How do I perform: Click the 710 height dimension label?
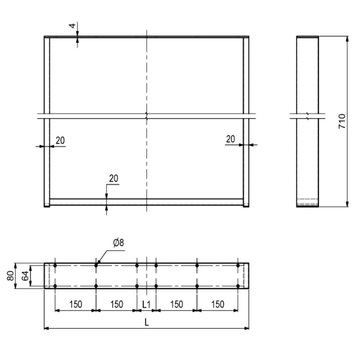click(x=342, y=121)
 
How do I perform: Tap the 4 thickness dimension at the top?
click(x=72, y=26)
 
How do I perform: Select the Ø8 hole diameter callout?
click(x=118, y=243)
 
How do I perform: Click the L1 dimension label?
click(x=146, y=305)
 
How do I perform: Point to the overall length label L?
click(x=147, y=323)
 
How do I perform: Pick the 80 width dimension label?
click(x=10, y=276)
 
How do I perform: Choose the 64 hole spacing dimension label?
click(x=25, y=276)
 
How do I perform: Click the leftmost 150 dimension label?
click(x=76, y=305)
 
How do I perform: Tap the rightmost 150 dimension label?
click(x=217, y=305)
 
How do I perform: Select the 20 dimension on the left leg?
click(x=60, y=140)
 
